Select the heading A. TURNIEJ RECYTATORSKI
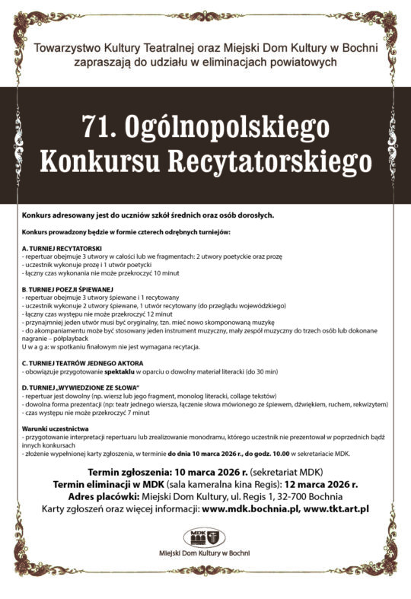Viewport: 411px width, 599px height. point(68,250)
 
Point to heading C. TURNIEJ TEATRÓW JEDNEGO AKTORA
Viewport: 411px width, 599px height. point(84,362)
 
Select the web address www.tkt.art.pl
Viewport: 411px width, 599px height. point(336,508)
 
